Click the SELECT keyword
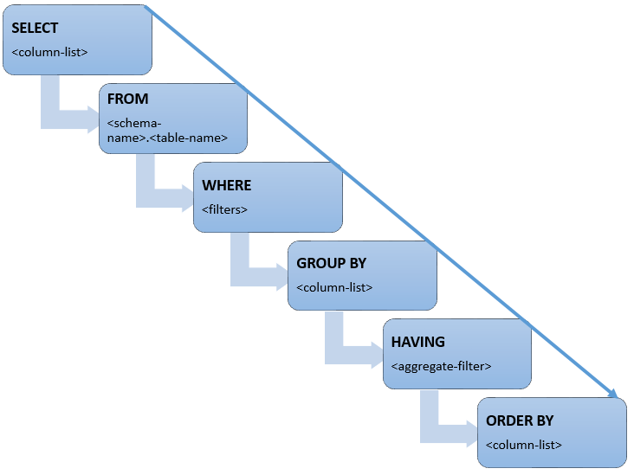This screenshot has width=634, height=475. [x=34, y=29]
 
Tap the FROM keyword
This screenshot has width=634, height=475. [x=127, y=99]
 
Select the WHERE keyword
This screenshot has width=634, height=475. [x=226, y=185]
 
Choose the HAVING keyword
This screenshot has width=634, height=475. [x=417, y=343]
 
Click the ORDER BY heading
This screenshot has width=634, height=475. [x=520, y=421]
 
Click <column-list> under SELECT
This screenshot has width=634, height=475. [x=49, y=53]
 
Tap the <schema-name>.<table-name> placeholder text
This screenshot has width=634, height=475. [x=166, y=130]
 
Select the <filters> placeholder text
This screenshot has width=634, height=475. [x=224, y=209]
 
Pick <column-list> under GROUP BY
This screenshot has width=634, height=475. [x=334, y=287]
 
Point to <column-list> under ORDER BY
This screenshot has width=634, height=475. [x=523, y=445]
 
